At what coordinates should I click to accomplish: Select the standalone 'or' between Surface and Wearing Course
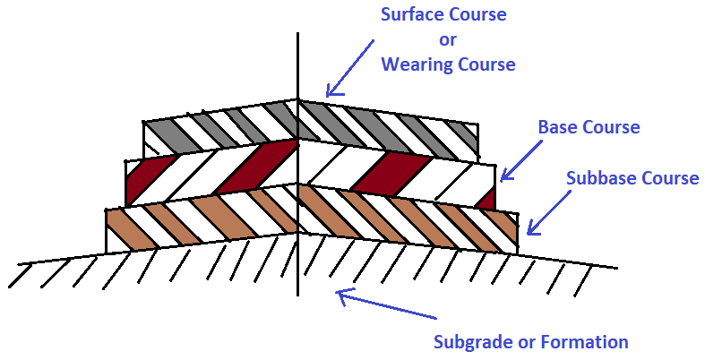tap(448, 40)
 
